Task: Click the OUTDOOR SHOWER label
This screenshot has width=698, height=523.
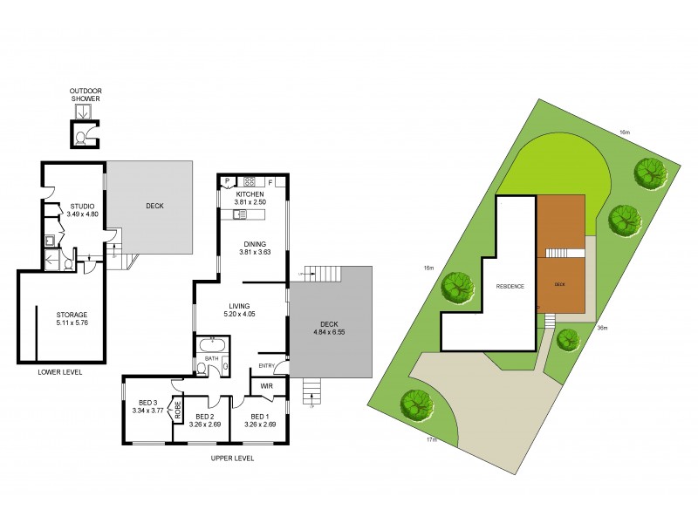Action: pos(86,94)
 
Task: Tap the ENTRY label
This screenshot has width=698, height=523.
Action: pos(267,365)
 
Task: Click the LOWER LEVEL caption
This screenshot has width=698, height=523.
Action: pos(60,372)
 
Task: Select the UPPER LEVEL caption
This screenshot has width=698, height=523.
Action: pos(233,458)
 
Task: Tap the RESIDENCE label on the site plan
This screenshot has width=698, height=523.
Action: pos(510,287)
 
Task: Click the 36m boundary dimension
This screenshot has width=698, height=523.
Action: pos(601,328)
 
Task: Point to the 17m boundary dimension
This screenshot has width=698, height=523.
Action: pos(432,439)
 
